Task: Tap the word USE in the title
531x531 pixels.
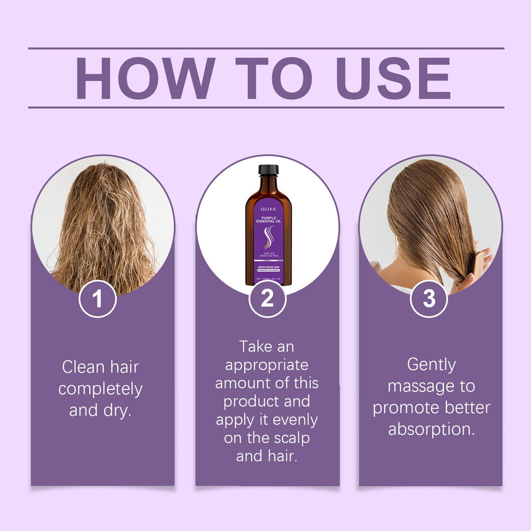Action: click(393, 78)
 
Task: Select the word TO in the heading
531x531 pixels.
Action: click(274, 78)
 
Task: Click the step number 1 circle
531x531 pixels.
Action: click(97, 299)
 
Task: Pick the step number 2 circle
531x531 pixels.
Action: click(267, 299)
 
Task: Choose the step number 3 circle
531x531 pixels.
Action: click(429, 299)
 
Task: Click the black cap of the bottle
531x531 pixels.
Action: click(268, 170)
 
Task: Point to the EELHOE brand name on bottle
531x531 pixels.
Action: click(268, 209)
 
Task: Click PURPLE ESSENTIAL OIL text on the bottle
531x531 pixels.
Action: click(268, 218)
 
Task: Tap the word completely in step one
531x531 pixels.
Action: click(100, 389)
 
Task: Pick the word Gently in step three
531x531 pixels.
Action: click(431, 365)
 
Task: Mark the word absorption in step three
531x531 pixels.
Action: click(431, 429)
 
